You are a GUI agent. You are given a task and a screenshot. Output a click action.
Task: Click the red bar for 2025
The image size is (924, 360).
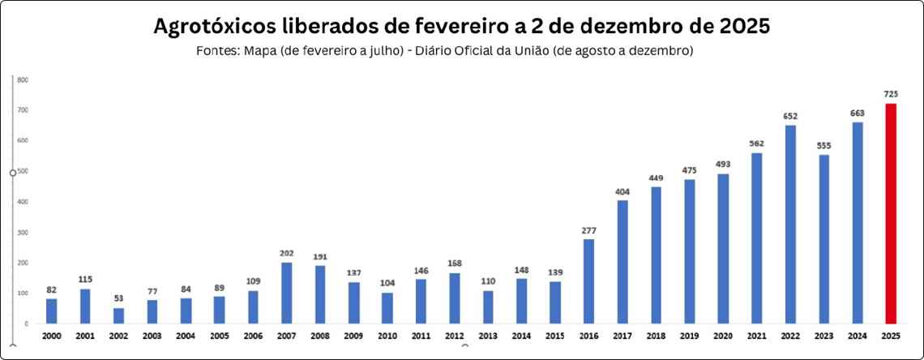pyautogui.click(x=891, y=213)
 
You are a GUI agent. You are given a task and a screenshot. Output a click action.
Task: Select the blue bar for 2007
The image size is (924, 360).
pyautogui.click(x=287, y=293)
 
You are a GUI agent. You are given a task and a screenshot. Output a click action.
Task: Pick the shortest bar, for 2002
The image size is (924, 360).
pyautogui.click(x=118, y=315)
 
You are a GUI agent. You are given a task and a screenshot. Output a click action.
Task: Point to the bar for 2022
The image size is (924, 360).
pyautogui.click(x=790, y=224)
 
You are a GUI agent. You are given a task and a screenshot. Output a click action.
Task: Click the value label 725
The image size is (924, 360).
pyautogui.click(x=891, y=95)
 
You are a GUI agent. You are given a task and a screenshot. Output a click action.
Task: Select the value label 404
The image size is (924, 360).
pyautogui.click(x=622, y=191)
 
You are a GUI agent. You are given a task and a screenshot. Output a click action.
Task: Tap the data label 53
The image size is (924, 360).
pyautogui.click(x=118, y=298)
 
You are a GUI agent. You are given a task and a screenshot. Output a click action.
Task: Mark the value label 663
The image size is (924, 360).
pyautogui.click(x=858, y=114)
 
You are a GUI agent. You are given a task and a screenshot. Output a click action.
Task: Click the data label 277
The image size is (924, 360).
pyautogui.click(x=589, y=230)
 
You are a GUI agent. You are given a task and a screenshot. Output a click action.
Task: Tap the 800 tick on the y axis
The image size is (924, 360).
pyautogui.click(x=23, y=79)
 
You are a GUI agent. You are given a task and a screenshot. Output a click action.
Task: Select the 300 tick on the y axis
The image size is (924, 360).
pyautogui.click(x=23, y=233)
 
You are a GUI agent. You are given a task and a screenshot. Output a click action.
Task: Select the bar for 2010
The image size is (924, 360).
pyautogui.click(x=387, y=308)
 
